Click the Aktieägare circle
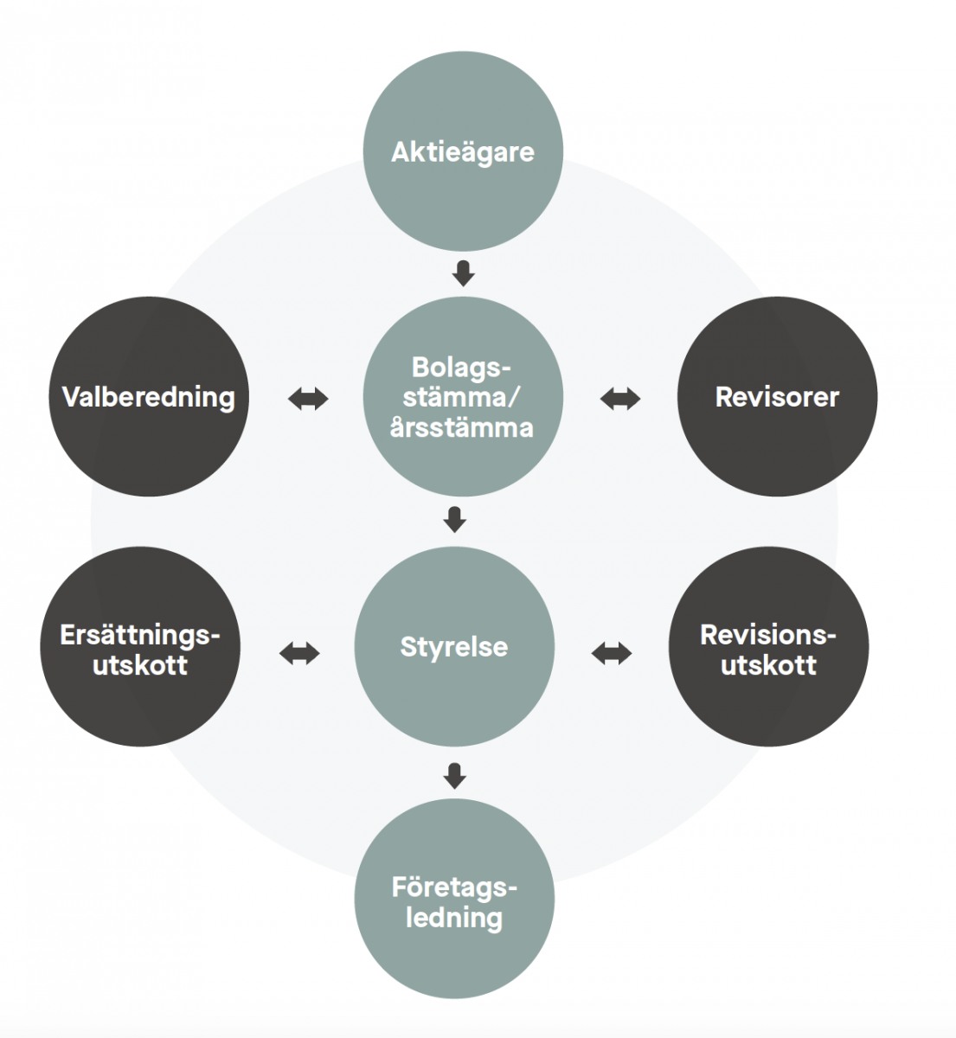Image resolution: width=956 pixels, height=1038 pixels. tap(463, 151)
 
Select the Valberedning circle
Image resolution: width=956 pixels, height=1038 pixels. tap(149, 397)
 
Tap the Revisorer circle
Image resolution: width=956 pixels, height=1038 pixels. tap(777, 397)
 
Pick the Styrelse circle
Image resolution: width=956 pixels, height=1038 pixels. tap(454, 646)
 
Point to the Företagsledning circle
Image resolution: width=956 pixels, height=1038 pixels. tap(454, 900)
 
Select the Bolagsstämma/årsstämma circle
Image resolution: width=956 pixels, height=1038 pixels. tap(463, 397)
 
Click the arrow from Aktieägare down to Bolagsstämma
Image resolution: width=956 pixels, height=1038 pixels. tap(464, 273)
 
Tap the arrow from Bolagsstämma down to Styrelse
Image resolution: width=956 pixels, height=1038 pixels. tap(454, 519)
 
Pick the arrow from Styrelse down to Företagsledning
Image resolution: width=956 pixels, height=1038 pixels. tap(454, 776)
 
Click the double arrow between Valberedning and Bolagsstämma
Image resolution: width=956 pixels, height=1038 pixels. tap(308, 399)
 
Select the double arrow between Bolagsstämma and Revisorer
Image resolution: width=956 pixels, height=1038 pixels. tap(620, 399)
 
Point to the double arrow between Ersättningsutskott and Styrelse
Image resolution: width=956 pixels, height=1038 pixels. tap(299, 653)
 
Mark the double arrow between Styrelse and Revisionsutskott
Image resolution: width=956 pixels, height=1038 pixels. tap(612, 653)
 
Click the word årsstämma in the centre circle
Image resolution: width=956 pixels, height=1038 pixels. tap(461, 427)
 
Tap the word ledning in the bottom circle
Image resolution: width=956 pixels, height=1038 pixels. tap(454, 917)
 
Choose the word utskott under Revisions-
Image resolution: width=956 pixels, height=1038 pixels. tap(768, 665)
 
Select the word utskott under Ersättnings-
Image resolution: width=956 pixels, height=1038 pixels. tap(140, 665)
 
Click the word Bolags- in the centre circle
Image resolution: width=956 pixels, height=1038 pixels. tap(456, 367)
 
